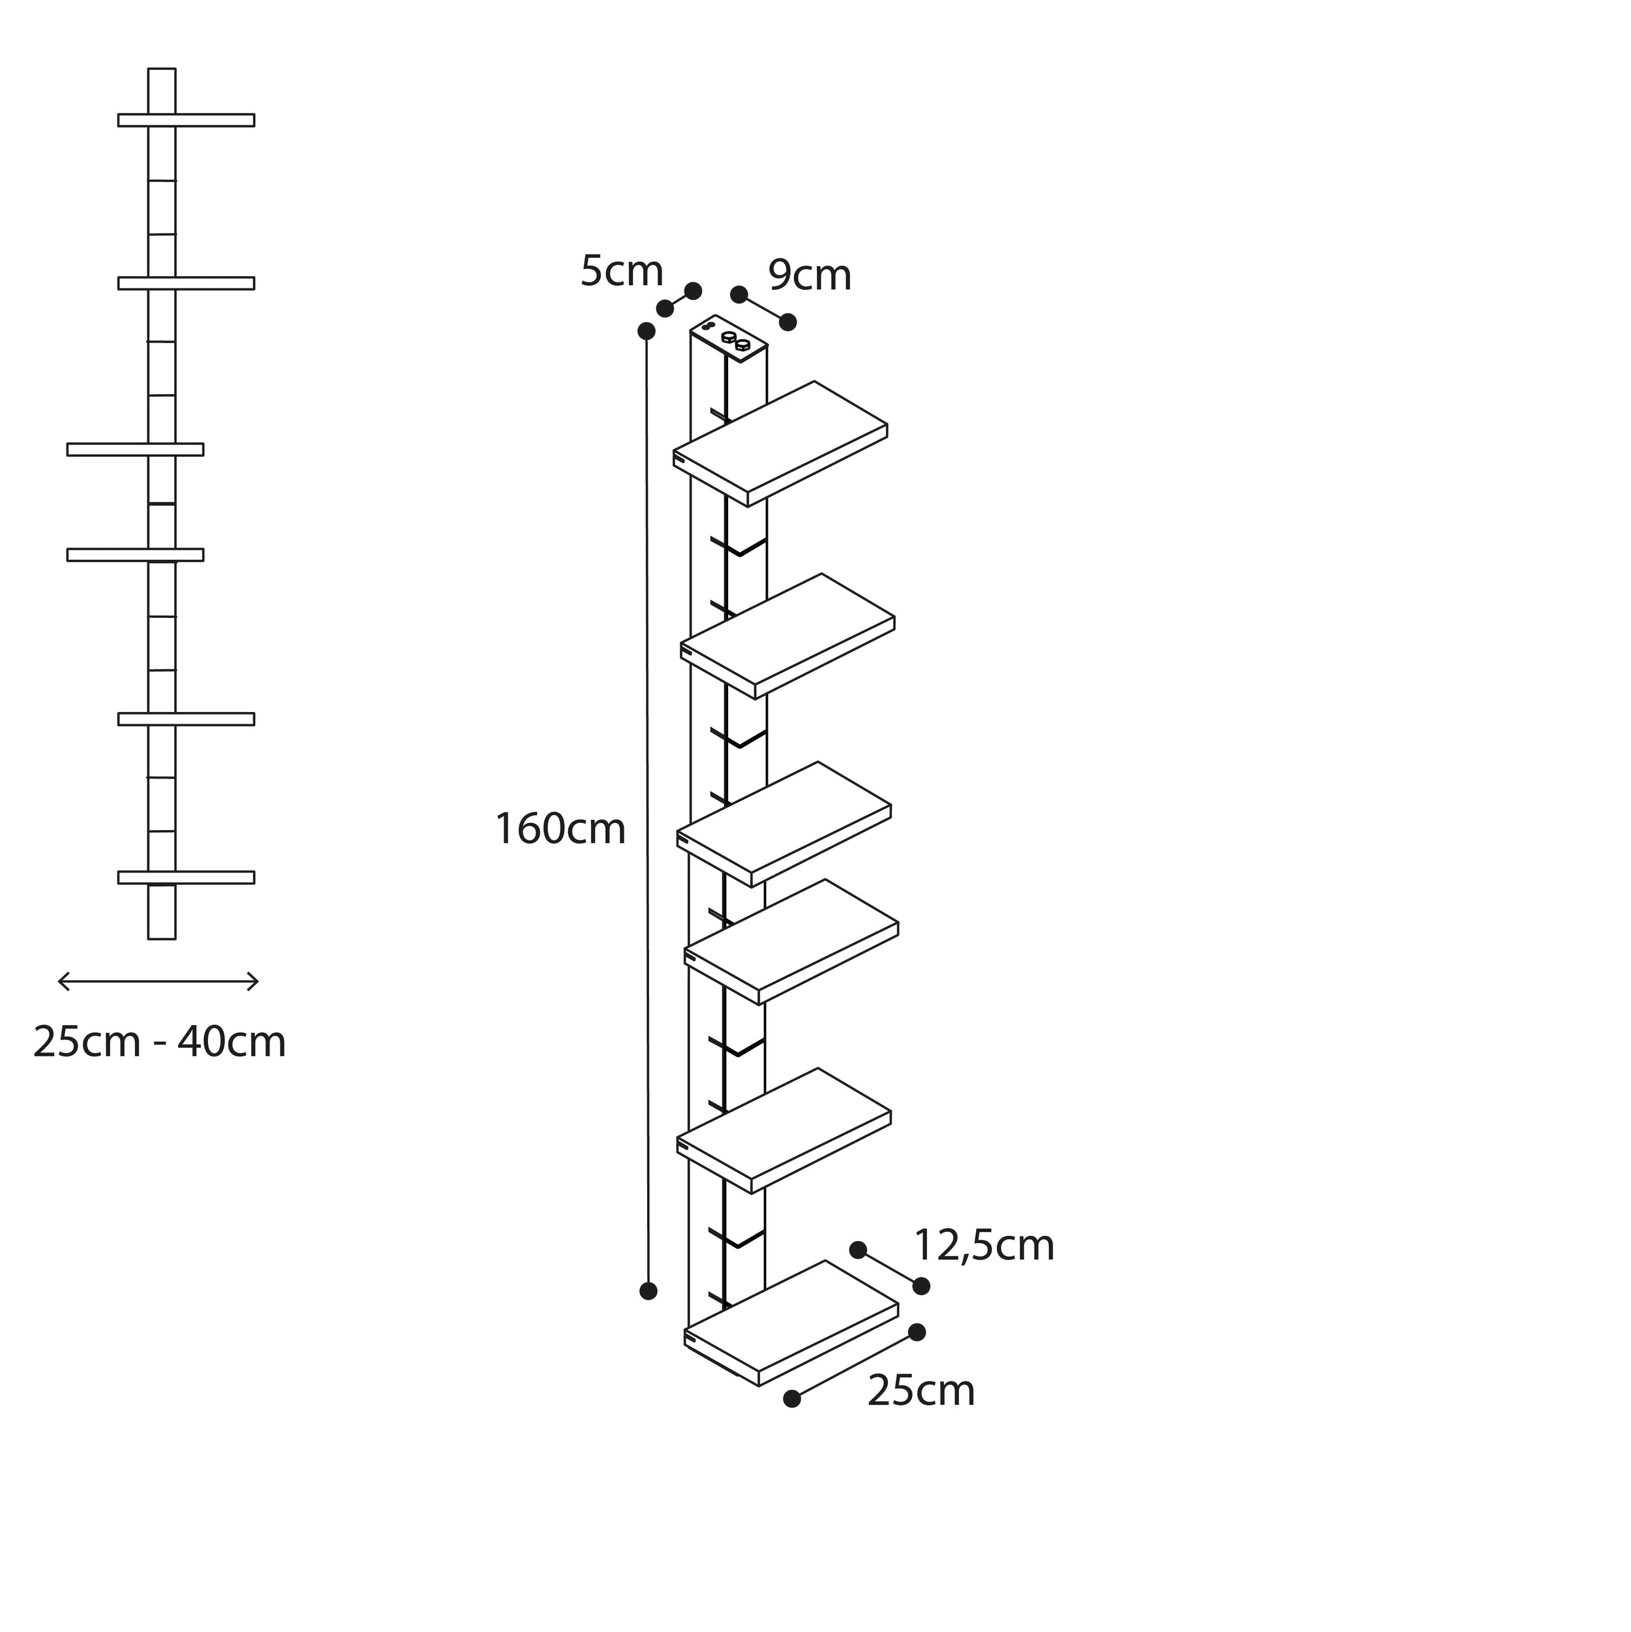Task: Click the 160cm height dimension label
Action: [560, 829]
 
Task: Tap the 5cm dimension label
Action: [622, 271]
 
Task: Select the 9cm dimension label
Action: [810, 275]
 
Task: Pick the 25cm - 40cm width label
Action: [160, 1041]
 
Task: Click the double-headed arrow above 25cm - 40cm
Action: [158, 981]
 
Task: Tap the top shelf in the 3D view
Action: [780, 444]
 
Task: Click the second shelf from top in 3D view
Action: [788, 636]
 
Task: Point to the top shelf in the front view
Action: [186, 120]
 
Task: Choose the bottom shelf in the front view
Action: [186, 877]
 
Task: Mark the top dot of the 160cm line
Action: [647, 331]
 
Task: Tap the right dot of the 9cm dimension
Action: [788, 322]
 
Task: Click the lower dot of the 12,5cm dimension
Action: [921, 1286]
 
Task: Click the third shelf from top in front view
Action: [135, 450]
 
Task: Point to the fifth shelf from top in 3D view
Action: [784, 1130]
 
